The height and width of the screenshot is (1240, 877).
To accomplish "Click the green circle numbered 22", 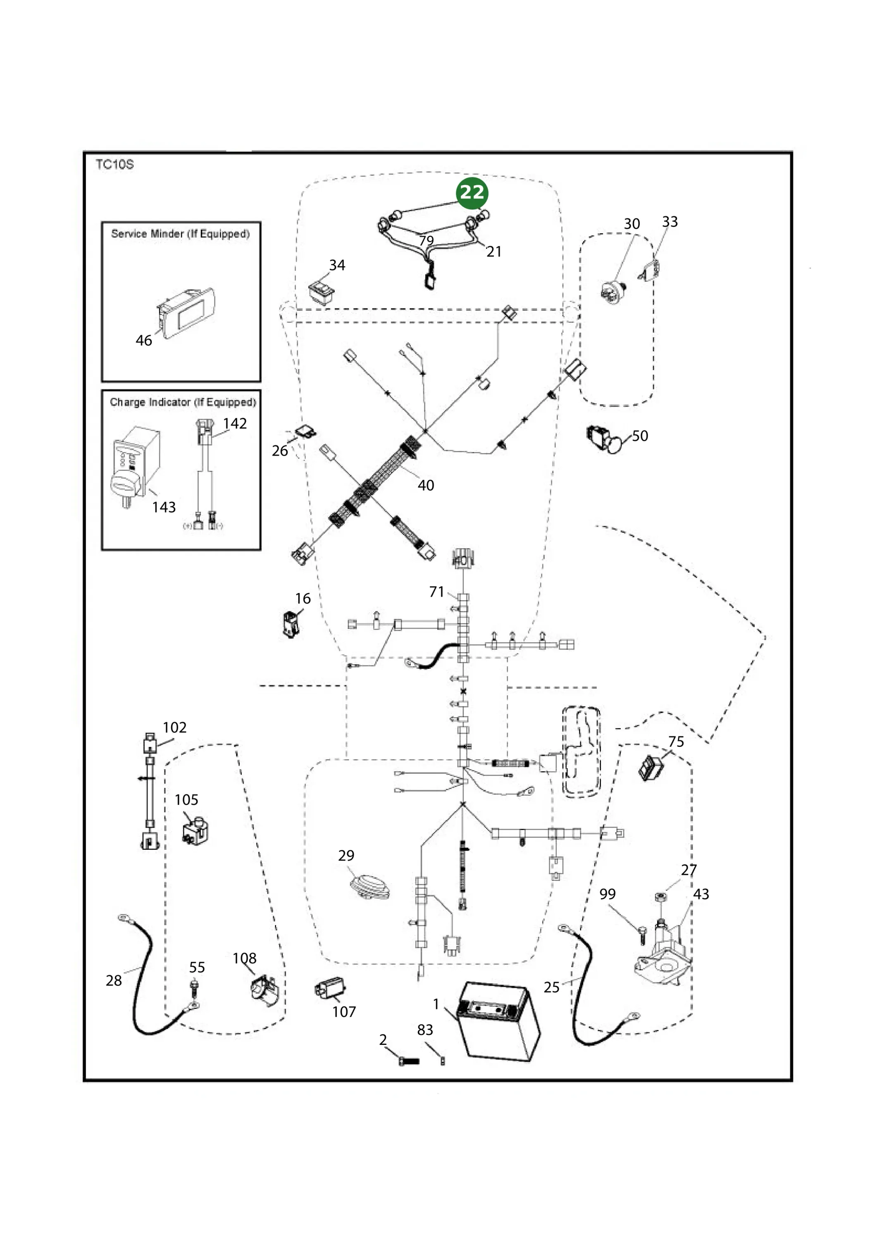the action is pos(472,193).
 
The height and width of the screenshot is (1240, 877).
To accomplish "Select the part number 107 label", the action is pos(344,1011).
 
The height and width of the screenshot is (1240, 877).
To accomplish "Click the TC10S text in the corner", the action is pos(114,164).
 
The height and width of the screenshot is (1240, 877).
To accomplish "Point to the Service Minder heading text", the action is pos(180,234).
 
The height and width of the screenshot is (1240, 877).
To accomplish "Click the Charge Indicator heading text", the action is pos(183,402).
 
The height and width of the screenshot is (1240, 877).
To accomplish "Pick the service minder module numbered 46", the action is pos(185,313).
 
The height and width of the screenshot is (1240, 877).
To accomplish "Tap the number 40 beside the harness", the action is pos(426,485).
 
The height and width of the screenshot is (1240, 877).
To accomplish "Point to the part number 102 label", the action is pos(174,727).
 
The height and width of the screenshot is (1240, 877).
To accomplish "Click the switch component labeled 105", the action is pos(195,831).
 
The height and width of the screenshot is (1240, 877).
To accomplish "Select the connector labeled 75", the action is pos(651,768).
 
